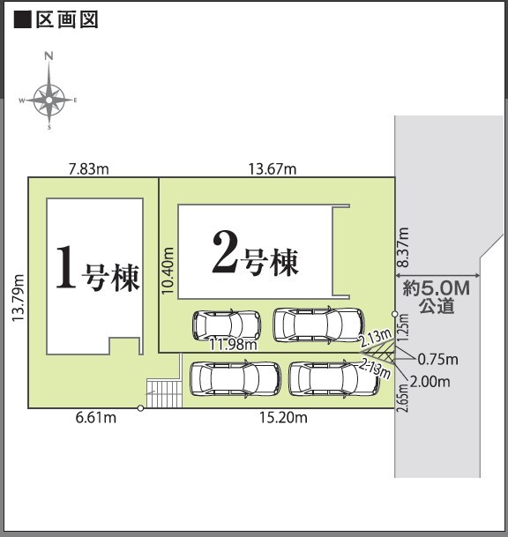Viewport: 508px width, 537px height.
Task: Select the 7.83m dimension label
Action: pos(88,168)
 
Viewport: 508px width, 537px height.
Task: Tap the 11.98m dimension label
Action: pos(233,345)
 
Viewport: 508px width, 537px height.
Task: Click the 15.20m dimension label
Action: pos(284,418)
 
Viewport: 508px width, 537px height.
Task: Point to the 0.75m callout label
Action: pos(438,359)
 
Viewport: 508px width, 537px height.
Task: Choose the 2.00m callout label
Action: pos(430,381)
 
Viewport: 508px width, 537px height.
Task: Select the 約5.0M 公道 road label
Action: pos(437,297)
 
